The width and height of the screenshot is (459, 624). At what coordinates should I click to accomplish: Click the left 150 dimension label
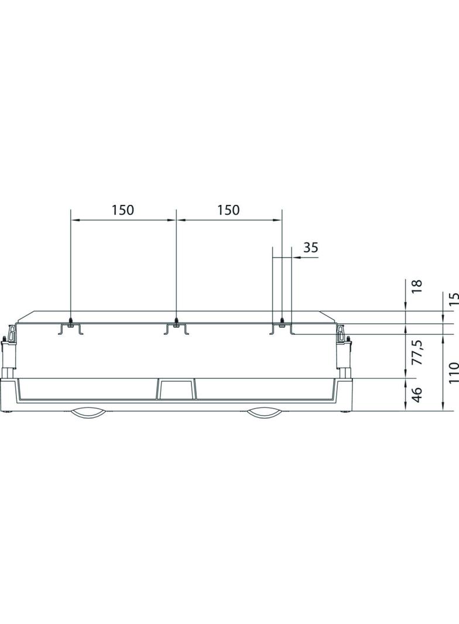pyautogui.click(x=122, y=210)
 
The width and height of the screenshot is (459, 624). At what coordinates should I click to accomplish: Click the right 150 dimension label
pyautogui.click(x=228, y=210)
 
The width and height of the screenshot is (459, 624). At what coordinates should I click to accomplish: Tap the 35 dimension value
pyautogui.click(x=311, y=248)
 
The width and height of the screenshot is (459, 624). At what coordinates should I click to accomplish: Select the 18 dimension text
pyautogui.click(x=416, y=286)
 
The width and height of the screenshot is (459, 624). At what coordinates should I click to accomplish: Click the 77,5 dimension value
pyautogui.click(x=416, y=352)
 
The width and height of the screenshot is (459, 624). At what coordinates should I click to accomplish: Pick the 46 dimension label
pyautogui.click(x=416, y=394)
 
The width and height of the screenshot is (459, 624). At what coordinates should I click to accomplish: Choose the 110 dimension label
pyautogui.click(x=454, y=372)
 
